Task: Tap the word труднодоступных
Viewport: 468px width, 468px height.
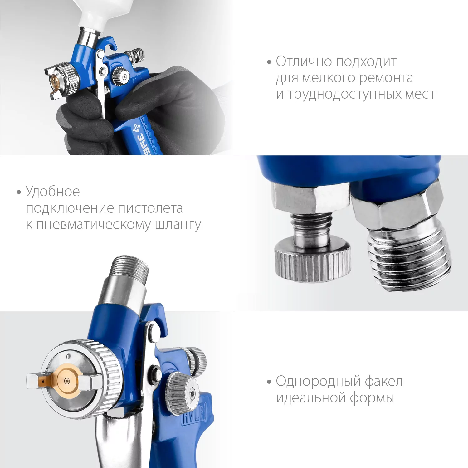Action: tap(345, 95)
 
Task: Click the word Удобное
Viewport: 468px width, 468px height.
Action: tap(53, 192)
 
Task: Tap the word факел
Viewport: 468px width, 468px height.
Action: tap(383, 381)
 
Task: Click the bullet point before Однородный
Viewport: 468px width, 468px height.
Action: tap(269, 382)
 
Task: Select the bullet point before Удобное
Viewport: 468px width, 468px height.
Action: tap(19, 192)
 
